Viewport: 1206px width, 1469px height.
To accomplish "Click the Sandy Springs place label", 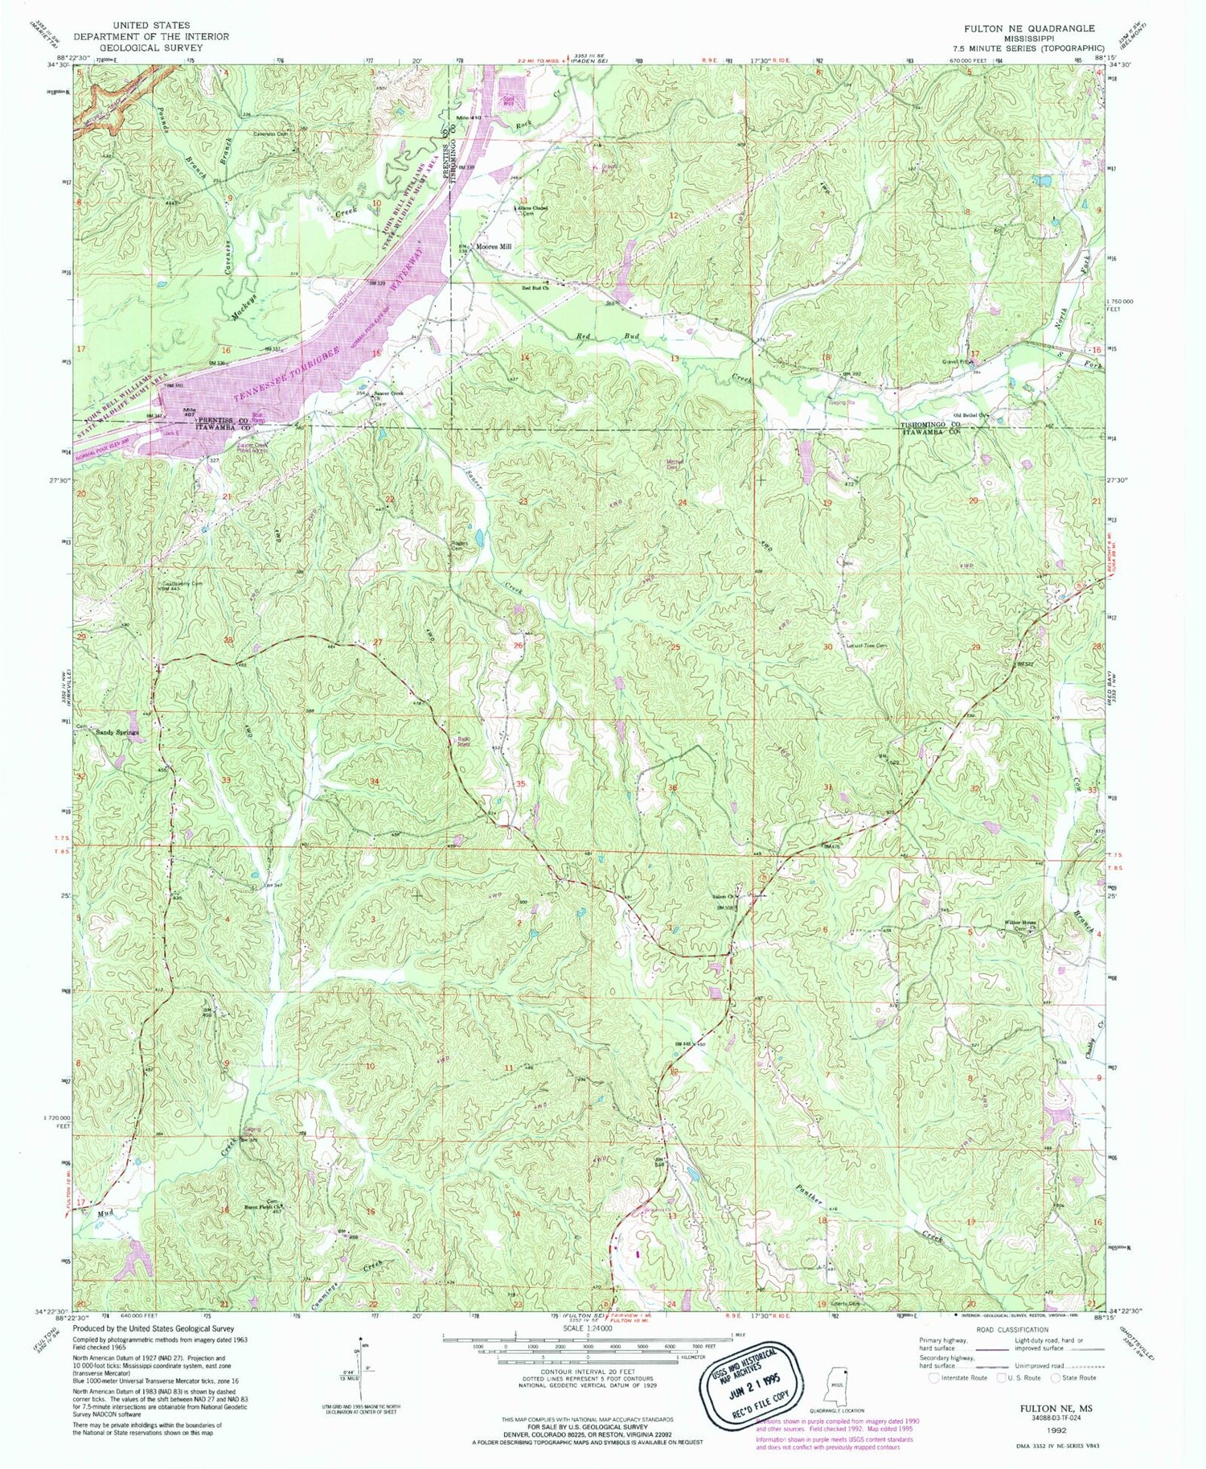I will point(118,733).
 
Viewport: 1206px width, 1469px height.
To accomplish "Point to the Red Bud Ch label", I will point(535,286).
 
